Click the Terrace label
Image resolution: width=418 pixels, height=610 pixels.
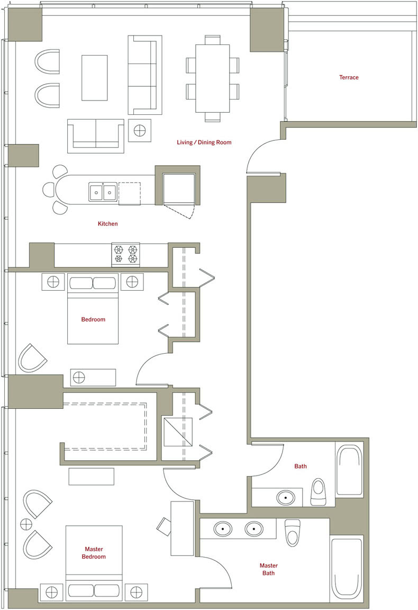tap(348, 77)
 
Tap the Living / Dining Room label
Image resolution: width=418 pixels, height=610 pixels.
tap(204, 142)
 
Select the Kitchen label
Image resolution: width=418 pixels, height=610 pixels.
tap(108, 223)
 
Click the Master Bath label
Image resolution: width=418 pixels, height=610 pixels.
tap(268, 569)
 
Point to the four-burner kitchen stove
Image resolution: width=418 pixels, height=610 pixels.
tap(125, 254)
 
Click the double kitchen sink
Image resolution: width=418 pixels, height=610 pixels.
tap(103, 192)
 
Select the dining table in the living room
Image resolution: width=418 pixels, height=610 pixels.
tap(212, 78)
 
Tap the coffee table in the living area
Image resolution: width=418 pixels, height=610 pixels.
tap(95, 78)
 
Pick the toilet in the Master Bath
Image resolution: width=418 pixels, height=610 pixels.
tap(291, 533)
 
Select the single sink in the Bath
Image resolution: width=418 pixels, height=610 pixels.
tap(286, 498)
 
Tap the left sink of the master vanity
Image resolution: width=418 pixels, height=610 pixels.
tap(223, 529)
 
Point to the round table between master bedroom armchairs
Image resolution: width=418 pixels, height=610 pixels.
tap(26, 524)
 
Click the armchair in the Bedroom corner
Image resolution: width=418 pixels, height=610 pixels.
tap(32, 358)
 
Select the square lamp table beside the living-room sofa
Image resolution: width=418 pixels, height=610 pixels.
tap(140, 130)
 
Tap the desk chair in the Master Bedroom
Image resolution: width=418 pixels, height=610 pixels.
tap(163, 526)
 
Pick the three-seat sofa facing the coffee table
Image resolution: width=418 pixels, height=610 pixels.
tap(144, 75)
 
